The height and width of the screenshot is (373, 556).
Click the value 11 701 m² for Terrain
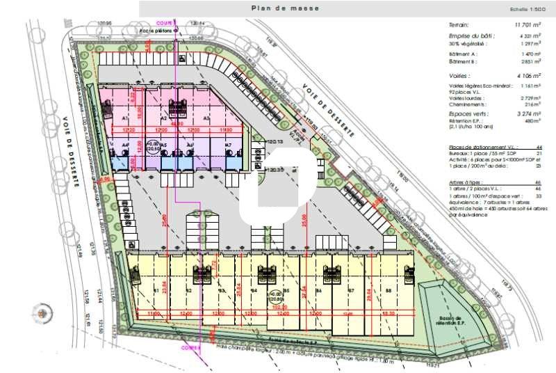pyautogui.click(x=528, y=25)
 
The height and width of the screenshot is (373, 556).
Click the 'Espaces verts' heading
pyautogui.click(x=469, y=113)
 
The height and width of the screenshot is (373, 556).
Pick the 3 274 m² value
pyautogui.click(x=528, y=113)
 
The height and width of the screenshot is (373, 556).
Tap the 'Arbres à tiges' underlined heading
pyautogui.click(x=464, y=182)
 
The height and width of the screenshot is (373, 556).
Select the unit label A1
pyautogui.click(x=107, y=119)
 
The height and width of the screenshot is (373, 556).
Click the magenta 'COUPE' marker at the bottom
pyautogui.click(x=190, y=347)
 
